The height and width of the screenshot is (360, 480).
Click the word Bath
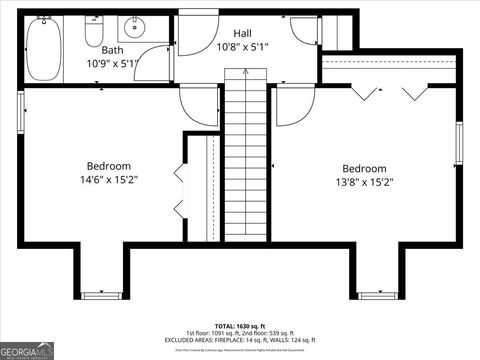click(x=112, y=49)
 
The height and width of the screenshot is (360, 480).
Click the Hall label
click(x=242, y=33)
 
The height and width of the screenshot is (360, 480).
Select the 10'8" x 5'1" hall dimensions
click(x=244, y=47)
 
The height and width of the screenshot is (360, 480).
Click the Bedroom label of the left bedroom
click(x=108, y=166)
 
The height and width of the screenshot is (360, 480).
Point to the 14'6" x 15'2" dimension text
click(x=109, y=181)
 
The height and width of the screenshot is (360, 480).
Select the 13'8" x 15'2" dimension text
click(x=365, y=183)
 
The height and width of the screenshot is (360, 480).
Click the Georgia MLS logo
click(x=28, y=351)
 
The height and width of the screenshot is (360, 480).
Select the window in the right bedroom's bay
click(x=377, y=295)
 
